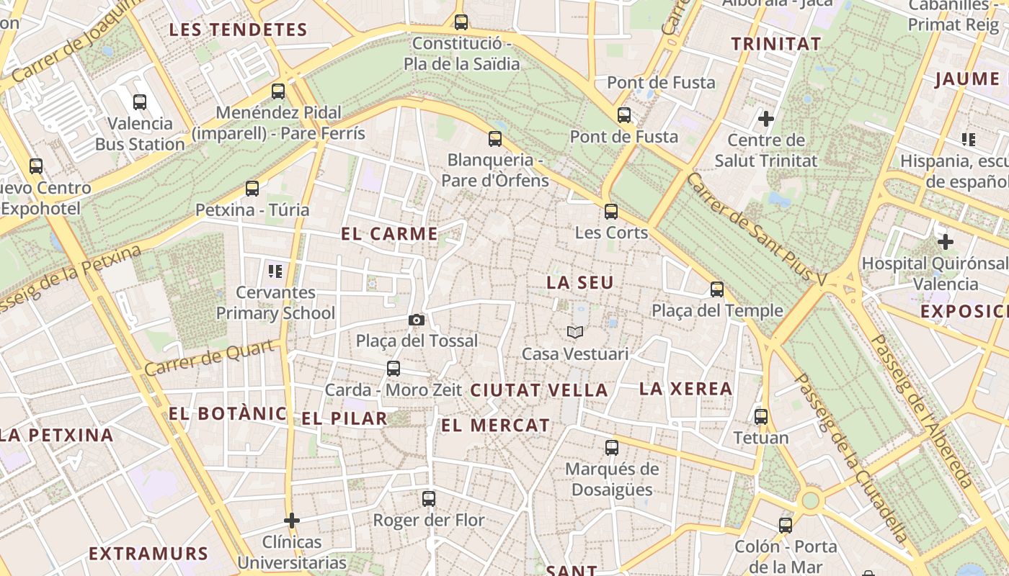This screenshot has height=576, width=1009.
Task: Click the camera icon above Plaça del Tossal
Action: pyautogui.click(x=416, y=320)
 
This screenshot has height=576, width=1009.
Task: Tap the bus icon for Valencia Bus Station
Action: pyautogui.click(x=140, y=102)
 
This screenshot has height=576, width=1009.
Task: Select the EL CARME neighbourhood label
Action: pyautogui.click(x=389, y=234)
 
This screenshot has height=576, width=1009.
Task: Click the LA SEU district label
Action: pyautogui.click(x=580, y=283)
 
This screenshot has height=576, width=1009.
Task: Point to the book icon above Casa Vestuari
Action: pyautogui.click(x=574, y=332)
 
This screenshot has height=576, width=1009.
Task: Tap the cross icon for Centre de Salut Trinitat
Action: pyautogui.click(x=765, y=118)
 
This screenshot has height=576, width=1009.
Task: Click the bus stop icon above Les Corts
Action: pyautogui.click(x=611, y=211)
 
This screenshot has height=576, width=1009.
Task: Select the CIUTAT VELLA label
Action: pyautogui.click(x=539, y=390)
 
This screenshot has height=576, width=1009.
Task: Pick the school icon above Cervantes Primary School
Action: pyautogui.click(x=275, y=271)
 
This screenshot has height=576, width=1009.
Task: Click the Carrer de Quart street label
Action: pyautogui.click(x=210, y=358)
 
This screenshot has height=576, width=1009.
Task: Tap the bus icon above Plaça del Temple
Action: pyautogui.click(x=716, y=289)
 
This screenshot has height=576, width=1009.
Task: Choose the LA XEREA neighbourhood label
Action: pyautogui.click(x=685, y=389)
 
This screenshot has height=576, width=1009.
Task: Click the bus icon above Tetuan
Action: pyautogui.click(x=761, y=416)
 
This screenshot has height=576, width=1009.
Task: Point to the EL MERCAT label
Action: pyautogui.click(x=495, y=426)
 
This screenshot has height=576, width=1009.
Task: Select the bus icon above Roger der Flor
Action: pyautogui.click(x=429, y=498)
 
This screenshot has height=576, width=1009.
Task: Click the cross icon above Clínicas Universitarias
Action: pyautogui.click(x=292, y=520)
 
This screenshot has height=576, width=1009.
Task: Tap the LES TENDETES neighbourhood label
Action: pyautogui.click(x=238, y=30)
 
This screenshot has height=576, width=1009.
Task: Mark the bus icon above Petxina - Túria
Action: pyautogui.click(x=252, y=189)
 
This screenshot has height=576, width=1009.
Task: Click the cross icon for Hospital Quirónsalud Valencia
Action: pyautogui.click(x=945, y=242)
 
